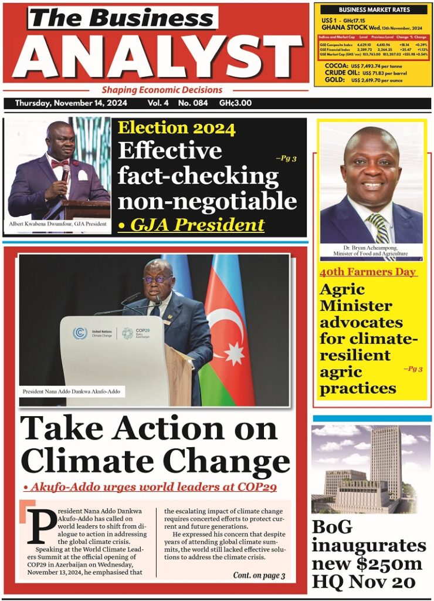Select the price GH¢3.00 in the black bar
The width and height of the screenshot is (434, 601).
pos(235,103)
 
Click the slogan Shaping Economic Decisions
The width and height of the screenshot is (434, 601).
pos(162,90)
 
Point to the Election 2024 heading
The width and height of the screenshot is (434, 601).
pos(177,129)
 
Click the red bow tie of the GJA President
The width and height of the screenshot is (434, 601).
pos(60,163)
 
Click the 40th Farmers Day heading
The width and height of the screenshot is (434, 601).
pos(368,272)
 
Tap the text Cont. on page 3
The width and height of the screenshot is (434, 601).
pos(259,576)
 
